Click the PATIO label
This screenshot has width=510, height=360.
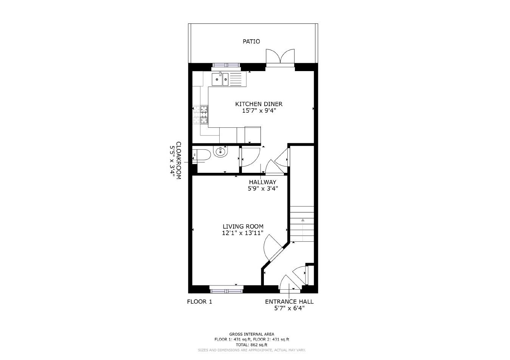tap(251, 42)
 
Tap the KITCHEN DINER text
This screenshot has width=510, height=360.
tap(259, 104)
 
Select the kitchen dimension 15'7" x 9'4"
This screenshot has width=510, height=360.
tap(259, 111)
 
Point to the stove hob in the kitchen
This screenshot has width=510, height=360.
tap(204, 115)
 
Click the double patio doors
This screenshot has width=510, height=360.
tap(280, 58)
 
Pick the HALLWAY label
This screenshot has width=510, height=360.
tap(262, 182)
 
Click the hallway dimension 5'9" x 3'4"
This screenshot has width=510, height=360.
tap(263, 189)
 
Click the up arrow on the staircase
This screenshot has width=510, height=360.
tap(302, 220)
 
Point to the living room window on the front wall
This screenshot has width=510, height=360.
tap(226, 290)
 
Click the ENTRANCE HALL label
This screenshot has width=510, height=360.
tap(289, 302)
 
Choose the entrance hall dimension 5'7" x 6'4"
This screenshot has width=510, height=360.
tap(289, 309)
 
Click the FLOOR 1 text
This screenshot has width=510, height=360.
tap(200, 302)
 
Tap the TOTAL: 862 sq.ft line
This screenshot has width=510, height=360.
tap(251, 345)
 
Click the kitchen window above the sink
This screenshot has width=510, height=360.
tap(226, 65)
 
